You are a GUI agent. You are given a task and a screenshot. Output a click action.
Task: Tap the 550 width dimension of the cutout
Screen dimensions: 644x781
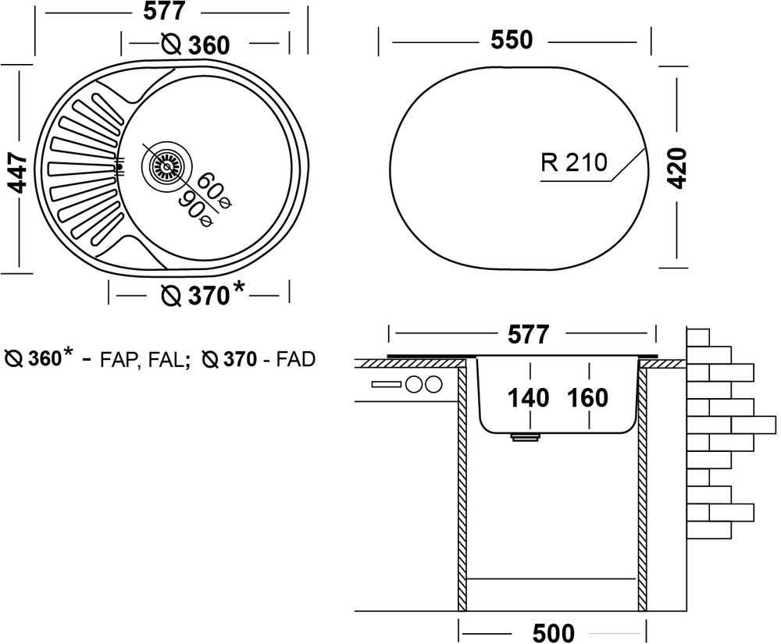(512, 40)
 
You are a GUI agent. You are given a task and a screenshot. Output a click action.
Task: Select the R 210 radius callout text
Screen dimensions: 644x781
(573, 162)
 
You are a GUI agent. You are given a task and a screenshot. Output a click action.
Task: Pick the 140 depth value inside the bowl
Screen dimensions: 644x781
(529, 398)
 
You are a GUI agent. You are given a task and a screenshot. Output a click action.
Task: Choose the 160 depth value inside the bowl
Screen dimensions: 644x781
(587, 398)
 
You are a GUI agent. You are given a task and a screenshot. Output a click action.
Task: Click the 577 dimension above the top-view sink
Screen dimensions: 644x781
(163, 12)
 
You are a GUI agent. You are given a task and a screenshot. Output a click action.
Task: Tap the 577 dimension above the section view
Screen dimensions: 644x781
(527, 335)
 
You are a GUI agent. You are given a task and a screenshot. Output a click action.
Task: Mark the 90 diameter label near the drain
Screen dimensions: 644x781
(197, 208)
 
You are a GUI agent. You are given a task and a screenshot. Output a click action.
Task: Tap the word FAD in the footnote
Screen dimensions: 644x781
(296, 360)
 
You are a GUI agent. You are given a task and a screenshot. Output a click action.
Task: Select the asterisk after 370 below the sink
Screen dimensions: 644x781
(239, 290)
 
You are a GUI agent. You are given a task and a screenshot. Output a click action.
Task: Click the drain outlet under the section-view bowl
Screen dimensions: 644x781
(525, 438)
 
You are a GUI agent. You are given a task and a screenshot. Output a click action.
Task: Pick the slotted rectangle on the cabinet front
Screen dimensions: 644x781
(386, 384)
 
